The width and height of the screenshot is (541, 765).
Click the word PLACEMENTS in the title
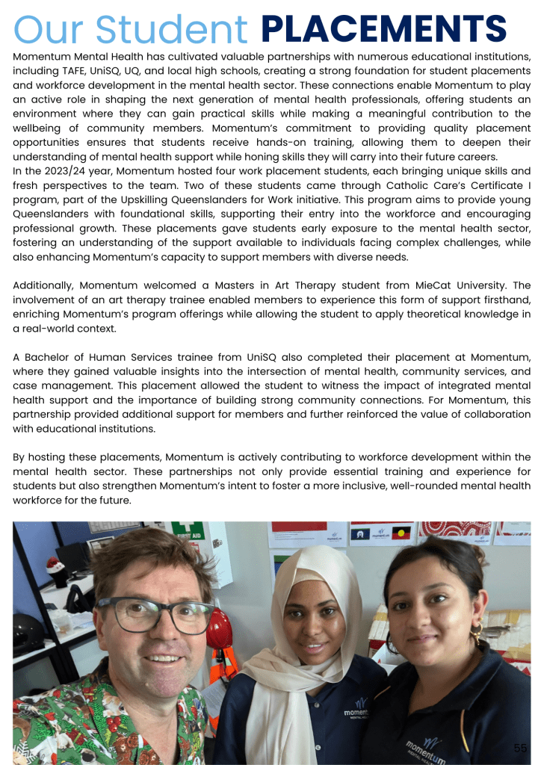384,29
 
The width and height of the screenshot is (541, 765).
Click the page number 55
520,748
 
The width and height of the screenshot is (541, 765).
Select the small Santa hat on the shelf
54,566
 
